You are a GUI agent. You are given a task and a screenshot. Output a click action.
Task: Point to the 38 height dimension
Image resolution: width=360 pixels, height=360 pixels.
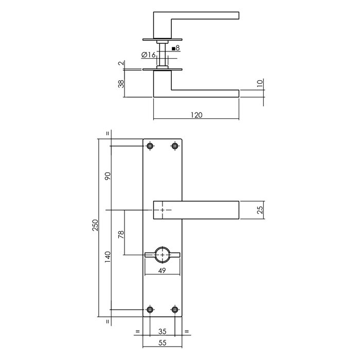[x=121, y=83]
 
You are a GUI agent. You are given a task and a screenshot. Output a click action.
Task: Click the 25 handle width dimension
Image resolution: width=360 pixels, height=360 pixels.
[x=260, y=210]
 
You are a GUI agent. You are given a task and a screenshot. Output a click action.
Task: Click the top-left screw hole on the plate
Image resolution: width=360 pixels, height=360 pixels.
[x=150, y=147]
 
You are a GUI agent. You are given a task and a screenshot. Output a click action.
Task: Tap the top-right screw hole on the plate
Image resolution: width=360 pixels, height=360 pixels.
[x=175, y=147]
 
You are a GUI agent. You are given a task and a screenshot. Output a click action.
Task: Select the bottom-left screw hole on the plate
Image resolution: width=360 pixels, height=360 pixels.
[x=150, y=310]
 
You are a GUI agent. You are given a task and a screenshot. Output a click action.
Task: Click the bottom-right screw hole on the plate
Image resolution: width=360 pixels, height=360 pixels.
[x=175, y=310]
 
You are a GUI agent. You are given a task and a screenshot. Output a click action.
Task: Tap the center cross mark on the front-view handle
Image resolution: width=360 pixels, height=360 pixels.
[x=163, y=210]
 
